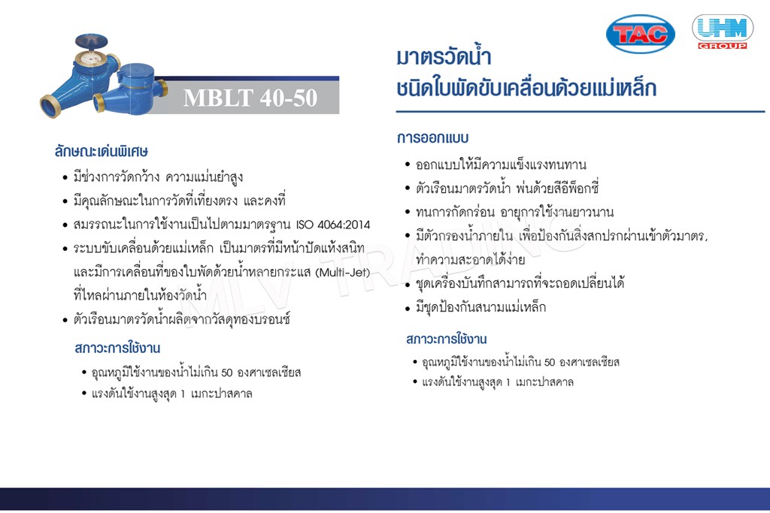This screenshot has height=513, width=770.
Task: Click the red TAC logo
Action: point(641,33)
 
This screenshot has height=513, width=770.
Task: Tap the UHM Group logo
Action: point(723,32)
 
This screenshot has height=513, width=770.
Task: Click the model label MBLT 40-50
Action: point(250,98)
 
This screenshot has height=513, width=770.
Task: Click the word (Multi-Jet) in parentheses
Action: point(343,272)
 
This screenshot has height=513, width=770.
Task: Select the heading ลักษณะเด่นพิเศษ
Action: point(102,151)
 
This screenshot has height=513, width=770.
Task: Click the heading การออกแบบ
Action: point(432,137)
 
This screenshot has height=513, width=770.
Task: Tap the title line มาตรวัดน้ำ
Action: point(444,56)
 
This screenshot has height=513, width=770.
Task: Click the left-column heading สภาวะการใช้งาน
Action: point(117,349)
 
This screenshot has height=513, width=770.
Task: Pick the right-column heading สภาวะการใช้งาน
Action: point(447,339)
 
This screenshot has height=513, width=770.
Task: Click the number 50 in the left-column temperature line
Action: point(226,373)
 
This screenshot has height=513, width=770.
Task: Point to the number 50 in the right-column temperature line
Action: point(550,363)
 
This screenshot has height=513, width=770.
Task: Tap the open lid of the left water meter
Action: point(91,41)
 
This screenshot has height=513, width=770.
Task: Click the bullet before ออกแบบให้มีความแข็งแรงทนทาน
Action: point(408,164)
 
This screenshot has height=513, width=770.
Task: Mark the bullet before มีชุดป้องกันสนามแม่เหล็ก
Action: point(408,308)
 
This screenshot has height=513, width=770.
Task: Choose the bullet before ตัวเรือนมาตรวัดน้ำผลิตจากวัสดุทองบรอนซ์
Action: point(65,320)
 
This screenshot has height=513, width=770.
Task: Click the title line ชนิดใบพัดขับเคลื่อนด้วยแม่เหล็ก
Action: point(526,89)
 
